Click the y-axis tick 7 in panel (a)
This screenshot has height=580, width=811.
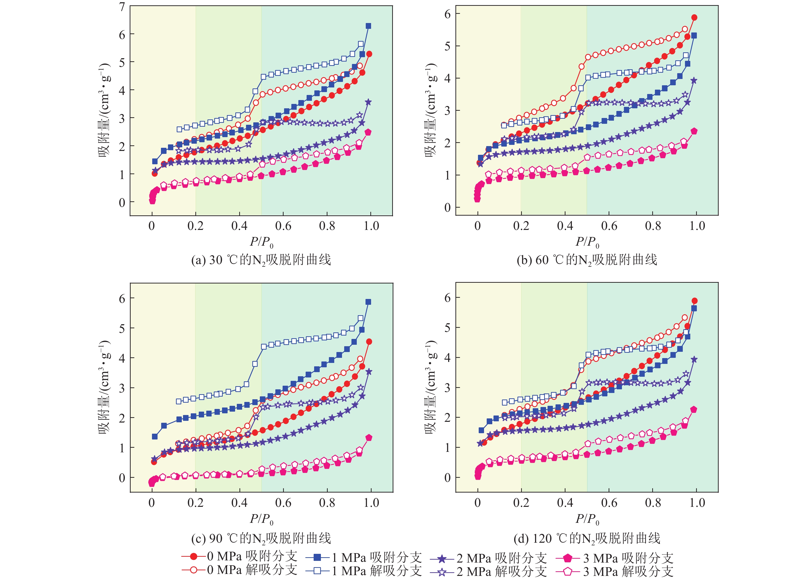pos(122,7)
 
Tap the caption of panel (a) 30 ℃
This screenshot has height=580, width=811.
pos(261,260)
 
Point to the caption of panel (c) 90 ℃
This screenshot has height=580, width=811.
pos(261,538)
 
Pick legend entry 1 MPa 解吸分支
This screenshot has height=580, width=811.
pos(364,570)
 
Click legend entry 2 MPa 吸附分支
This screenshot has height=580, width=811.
pos(488,558)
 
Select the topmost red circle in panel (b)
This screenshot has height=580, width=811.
pos(694,17)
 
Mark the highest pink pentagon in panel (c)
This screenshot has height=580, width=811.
pos(369,438)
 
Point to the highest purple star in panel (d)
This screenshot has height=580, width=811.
pos(694,360)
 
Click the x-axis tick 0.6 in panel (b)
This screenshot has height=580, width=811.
pos(609,226)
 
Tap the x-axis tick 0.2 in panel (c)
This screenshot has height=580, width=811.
pos(195,503)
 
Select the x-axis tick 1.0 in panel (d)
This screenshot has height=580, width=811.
pos(697,503)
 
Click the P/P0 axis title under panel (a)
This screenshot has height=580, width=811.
pos(262,242)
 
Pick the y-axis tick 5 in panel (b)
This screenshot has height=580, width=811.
pos(447,46)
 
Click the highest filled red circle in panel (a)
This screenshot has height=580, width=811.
pos(369,54)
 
